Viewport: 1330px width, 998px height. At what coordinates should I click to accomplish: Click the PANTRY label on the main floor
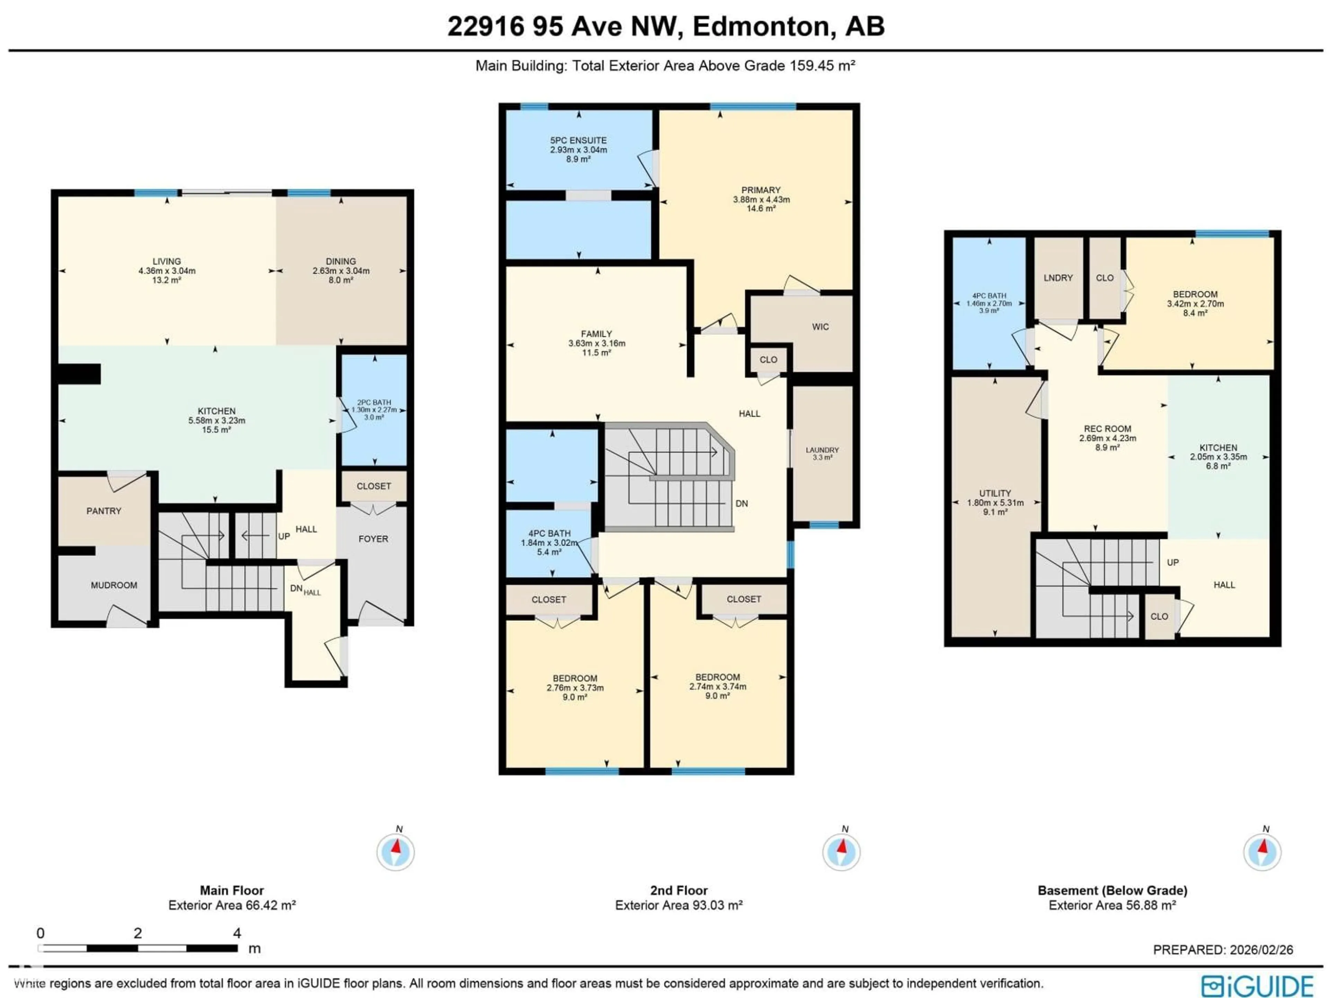pos(104,511)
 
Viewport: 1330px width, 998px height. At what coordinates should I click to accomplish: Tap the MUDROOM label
pos(114,585)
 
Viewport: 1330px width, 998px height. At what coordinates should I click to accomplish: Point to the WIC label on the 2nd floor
pos(820,327)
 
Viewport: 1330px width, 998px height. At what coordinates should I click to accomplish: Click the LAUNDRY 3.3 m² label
pos(822,454)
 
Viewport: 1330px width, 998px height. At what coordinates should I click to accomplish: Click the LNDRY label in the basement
pos(1058,278)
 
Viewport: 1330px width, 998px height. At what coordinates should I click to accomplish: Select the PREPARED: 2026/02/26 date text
pos(1223,950)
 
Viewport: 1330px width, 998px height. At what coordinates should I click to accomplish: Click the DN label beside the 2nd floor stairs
pos(741,504)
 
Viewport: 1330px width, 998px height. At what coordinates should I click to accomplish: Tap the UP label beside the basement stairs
pos(1172,562)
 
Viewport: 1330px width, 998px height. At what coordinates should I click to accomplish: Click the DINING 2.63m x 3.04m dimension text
pos(341,271)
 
